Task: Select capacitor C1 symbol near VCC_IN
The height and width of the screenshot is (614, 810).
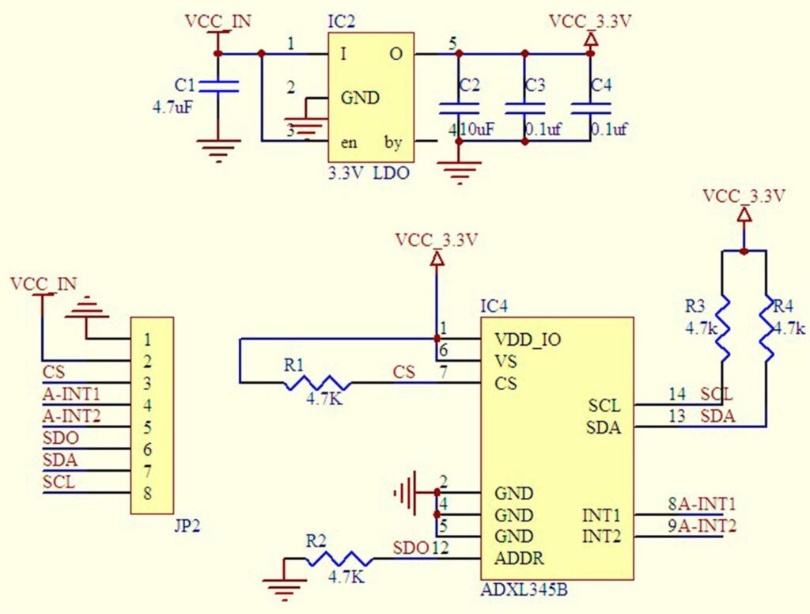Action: click(x=218, y=86)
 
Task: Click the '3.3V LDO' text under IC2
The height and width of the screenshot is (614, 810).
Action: click(x=369, y=173)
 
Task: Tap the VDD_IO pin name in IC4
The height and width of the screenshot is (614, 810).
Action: click(x=528, y=339)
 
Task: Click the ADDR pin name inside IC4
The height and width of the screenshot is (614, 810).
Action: click(x=519, y=559)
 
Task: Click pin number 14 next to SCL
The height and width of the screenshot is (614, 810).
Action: click(x=676, y=394)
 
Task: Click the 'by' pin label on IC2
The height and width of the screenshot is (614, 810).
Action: click(x=392, y=143)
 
